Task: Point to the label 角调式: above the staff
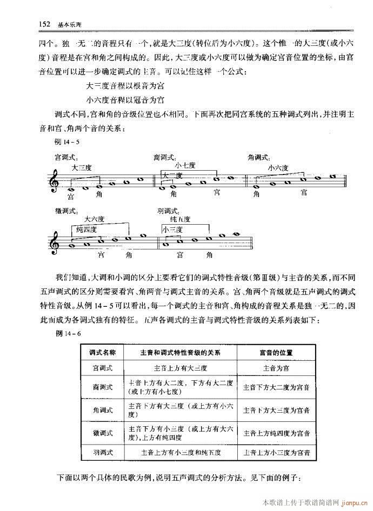pos(258,158)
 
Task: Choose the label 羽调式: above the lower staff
pos(168,210)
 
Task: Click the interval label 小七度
pos(185,165)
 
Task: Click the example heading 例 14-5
pos(68,142)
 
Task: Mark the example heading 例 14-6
pos(68,335)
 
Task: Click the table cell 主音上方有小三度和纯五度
pos(180,452)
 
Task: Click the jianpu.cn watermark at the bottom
pos(351,502)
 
